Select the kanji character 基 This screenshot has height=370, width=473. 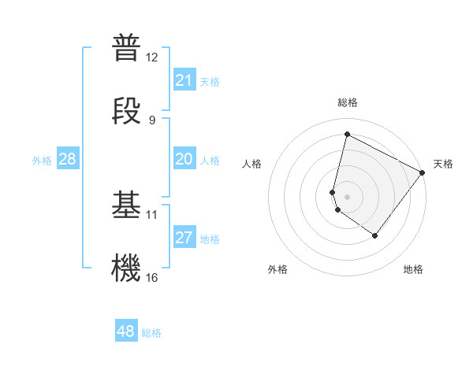tap(126, 204)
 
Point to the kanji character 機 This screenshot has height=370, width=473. tap(126, 267)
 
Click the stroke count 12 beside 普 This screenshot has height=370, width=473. tap(152, 57)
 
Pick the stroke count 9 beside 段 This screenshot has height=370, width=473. tap(152, 120)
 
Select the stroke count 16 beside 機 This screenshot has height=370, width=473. tap(152, 277)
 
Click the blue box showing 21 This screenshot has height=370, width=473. tap(184, 80)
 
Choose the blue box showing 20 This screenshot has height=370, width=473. tap(184, 159)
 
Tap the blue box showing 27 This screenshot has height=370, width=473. tap(184, 238)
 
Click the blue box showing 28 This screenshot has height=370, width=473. tap(68, 159)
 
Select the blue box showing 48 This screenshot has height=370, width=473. tap(126, 331)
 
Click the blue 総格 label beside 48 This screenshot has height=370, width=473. tap(151, 333)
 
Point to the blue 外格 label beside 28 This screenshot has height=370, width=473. tap(42, 161)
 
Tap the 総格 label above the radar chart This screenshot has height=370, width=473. tap(348, 102)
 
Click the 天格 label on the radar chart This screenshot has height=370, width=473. tap(443, 164)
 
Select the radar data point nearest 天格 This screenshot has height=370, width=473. tap(423, 172)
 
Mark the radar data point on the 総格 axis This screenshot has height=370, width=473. tap(347, 134)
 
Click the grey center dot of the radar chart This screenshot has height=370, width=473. tap(347, 196)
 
